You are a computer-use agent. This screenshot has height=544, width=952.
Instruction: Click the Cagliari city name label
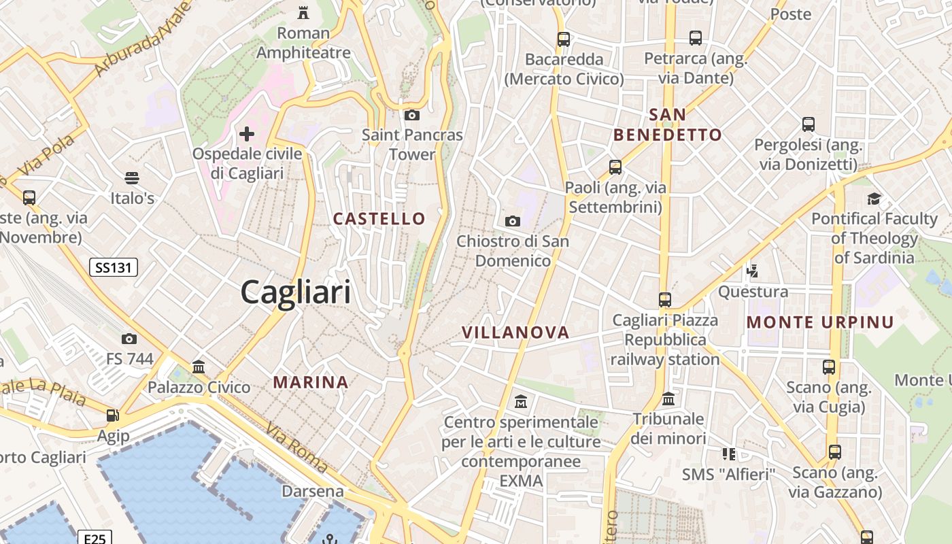pyautogui.click(x=296, y=292)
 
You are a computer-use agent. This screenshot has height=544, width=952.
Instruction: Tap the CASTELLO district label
pyautogui.click(x=379, y=219)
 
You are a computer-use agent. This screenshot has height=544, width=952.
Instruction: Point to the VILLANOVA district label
pyautogui.click(x=515, y=333)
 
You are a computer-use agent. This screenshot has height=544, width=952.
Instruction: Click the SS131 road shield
pyautogui.click(x=114, y=268)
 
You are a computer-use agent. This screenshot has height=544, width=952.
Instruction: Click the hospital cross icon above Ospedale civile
pyautogui.click(x=247, y=134)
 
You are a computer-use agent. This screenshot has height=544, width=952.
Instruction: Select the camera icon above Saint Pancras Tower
pyautogui.click(x=411, y=116)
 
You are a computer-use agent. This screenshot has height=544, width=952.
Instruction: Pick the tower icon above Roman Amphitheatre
pyautogui.click(x=303, y=13)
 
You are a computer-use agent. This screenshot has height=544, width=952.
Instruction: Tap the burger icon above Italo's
pyautogui.click(x=132, y=179)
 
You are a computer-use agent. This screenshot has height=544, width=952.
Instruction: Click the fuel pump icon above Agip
pyautogui.click(x=112, y=415)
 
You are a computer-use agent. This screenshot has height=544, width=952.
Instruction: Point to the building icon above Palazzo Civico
pyautogui.click(x=199, y=367)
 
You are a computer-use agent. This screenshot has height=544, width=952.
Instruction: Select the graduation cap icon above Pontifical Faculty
pyautogui.click(x=874, y=199)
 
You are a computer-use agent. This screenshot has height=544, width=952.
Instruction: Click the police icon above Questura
pyautogui.click(x=752, y=271)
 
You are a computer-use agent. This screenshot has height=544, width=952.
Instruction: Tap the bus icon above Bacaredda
pyautogui.click(x=564, y=39)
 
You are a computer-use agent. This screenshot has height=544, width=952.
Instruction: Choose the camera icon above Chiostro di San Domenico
pyautogui.click(x=513, y=221)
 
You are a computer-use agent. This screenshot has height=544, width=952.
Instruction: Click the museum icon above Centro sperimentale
pyautogui.click(x=521, y=402)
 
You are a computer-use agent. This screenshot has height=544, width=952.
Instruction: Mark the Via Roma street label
pyautogui.click(x=297, y=448)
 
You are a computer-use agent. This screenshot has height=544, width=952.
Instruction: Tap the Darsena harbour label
pyautogui.click(x=313, y=491)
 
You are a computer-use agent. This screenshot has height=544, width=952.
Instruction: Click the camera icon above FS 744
pyautogui.click(x=129, y=339)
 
